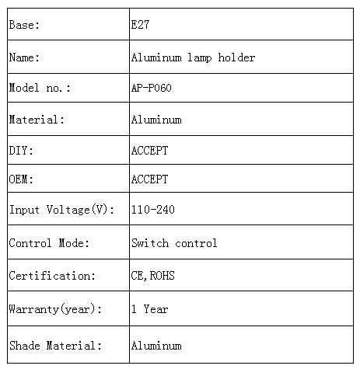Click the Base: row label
pos(24,25)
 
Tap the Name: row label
pos(24,57)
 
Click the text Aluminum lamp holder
pos(193,57)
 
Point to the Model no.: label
pos(40,88)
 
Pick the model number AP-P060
pos(152,88)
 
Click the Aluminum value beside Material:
pos(156,120)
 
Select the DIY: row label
pos(21,150)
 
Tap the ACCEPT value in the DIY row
pos(149,150)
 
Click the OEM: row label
pos(21,179)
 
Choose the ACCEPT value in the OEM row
pos(149,179)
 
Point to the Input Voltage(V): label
pos(61,210)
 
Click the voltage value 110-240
pos(153,209)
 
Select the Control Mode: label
pos(49,243)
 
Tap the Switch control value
pos(174,243)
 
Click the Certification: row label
pos(52,276)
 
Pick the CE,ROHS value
pos(153,276)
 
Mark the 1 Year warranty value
pos(150,309)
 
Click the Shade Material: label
pos(55,346)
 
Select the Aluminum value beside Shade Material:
pos(156,346)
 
